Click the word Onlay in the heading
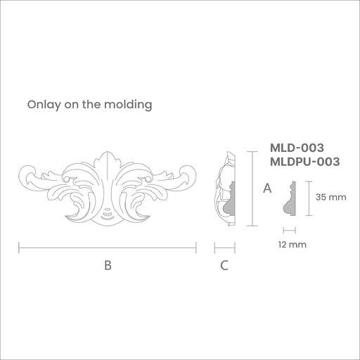(x=44, y=105)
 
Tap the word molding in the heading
(x=128, y=105)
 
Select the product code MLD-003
(x=297, y=148)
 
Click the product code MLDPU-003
(x=305, y=162)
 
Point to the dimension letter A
(x=267, y=188)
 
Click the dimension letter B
(x=108, y=265)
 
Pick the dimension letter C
(x=224, y=265)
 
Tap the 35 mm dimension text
(x=330, y=197)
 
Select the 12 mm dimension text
(x=292, y=245)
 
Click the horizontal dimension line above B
(x=108, y=247)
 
